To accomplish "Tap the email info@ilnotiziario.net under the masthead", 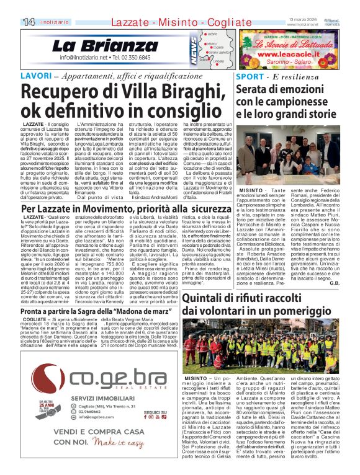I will coord(86,58).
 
